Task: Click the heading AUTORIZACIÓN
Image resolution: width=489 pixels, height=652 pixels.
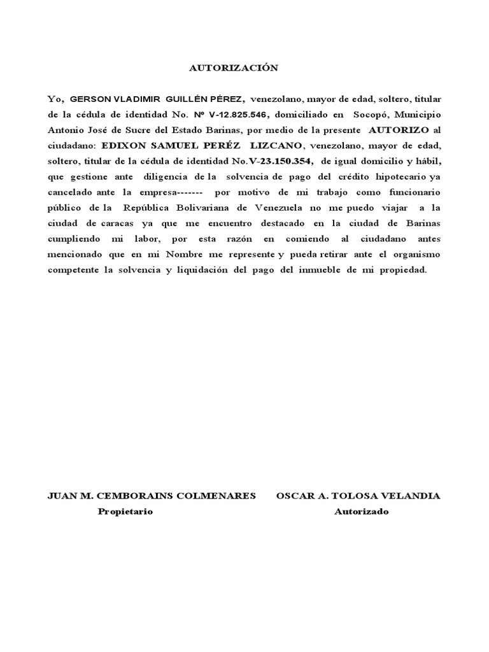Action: click(x=235, y=68)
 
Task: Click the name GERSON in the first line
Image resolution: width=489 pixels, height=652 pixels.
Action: click(x=90, y=99)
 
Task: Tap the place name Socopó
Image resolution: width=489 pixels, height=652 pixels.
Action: click(x=365, y=115)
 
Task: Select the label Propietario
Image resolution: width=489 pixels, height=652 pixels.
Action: click(x=125, y=511)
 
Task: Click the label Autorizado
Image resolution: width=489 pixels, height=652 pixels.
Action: click(x=362, y=511)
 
